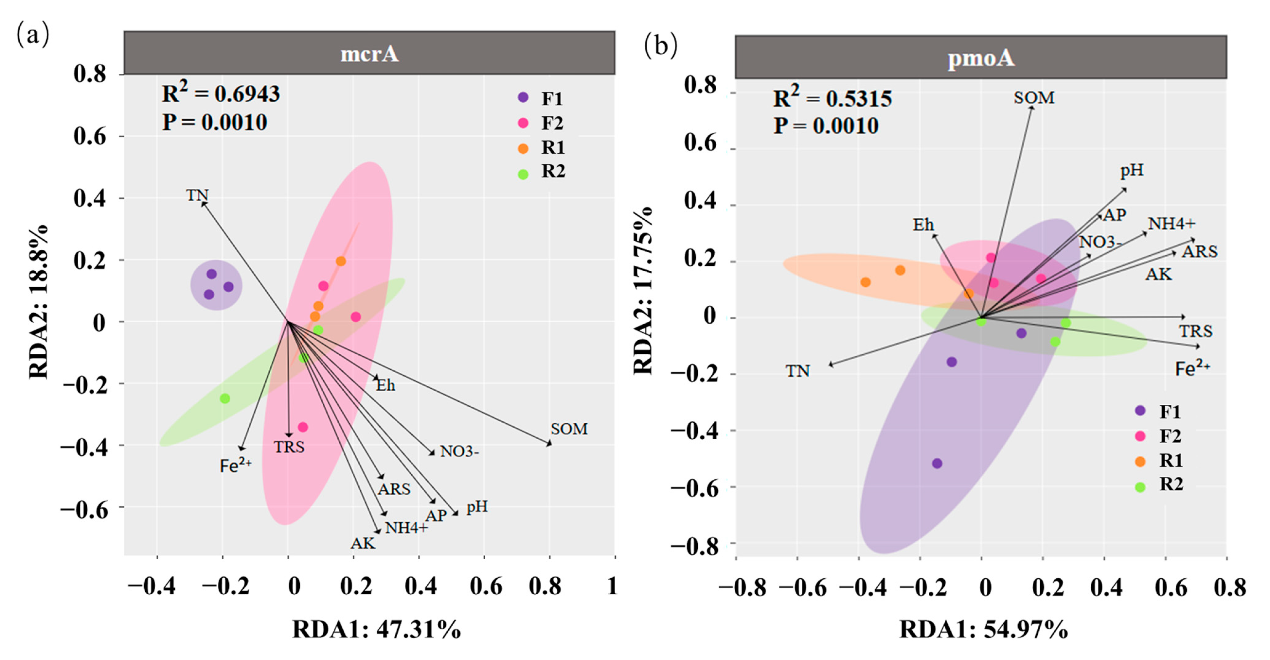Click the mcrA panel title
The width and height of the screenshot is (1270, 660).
369,54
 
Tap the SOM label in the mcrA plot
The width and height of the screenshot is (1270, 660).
569,429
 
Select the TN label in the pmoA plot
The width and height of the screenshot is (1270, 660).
797,371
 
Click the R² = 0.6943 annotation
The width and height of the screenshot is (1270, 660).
221,93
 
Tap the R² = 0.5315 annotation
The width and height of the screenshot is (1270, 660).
832,98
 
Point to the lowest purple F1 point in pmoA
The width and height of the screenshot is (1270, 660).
937,464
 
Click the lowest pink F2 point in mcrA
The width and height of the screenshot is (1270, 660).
303,427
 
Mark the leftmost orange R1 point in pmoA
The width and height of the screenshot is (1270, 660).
865,282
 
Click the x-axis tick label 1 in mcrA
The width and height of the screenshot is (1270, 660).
612,586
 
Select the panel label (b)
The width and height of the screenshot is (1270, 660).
661,45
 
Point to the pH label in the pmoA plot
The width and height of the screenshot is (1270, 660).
1132,170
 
